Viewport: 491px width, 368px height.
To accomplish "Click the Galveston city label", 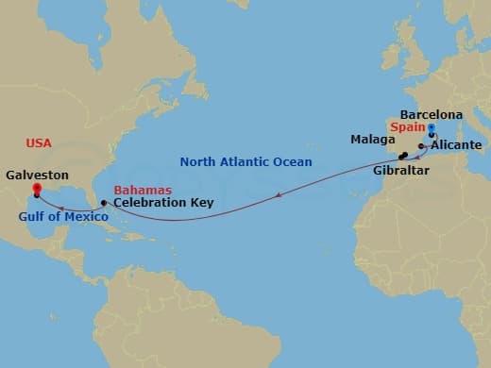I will [x=37, y=175].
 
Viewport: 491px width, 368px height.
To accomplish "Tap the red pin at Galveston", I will [x=37, y=190].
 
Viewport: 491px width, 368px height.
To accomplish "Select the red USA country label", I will [x=39, y=142].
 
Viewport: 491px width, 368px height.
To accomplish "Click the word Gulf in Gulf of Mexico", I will [x=29, y=215].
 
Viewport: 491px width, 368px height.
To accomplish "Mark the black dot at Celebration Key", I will [x=104, y=203].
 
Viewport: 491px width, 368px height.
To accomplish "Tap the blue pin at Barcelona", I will [x=431, y=129].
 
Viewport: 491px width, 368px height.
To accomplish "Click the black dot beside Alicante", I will [x=421, y=146].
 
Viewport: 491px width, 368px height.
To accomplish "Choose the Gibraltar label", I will [x=401, y=169].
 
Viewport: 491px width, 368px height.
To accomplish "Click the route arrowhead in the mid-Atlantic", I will [x=278, y=195].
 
